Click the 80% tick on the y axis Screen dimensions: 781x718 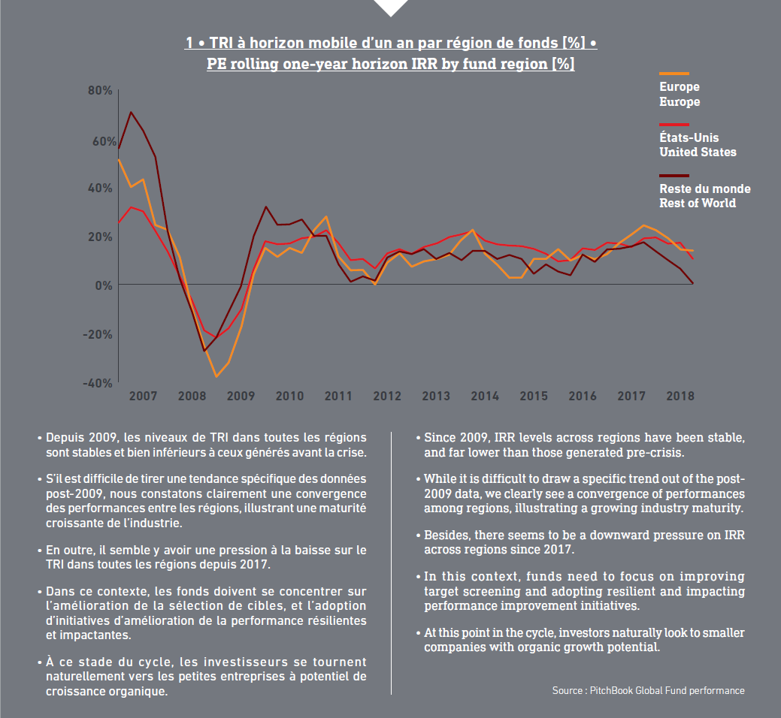[100, 91]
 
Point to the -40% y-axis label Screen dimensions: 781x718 [98, 383]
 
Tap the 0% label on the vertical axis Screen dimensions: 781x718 [104, 285]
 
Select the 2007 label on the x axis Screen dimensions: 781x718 [143, 396]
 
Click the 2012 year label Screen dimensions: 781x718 [387, 396]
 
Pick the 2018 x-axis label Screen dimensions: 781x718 [680, 396]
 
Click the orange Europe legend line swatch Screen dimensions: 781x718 [674, 74]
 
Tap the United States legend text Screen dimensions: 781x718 [698, 152]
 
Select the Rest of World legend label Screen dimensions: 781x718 [698, 203]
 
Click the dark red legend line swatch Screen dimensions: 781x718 [674, 176]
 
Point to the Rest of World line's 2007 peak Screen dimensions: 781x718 [131, 112]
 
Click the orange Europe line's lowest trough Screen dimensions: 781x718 [216, 377]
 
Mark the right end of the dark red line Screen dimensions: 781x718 [693, 283]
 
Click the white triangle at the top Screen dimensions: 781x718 [391, 7]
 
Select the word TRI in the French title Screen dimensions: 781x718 [221, 43]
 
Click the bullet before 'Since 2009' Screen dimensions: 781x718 [419, 439]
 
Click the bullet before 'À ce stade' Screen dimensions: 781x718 [40, 662]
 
